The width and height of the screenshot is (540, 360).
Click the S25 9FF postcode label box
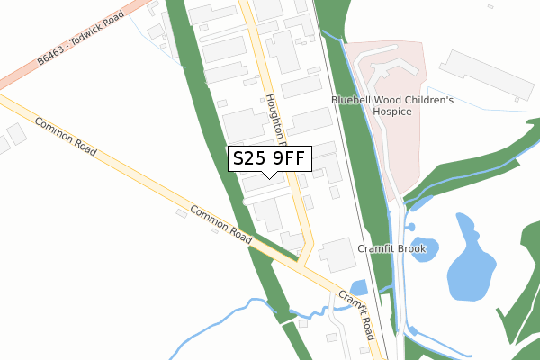(x=270, y=158)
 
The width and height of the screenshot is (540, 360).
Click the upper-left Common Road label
(x=65, y=136)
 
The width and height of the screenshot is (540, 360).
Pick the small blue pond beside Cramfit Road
(x=358, y=287)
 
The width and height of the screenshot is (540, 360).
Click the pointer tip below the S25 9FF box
(x=270, y=177)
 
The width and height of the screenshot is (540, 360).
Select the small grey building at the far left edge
(x=15, y=135)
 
